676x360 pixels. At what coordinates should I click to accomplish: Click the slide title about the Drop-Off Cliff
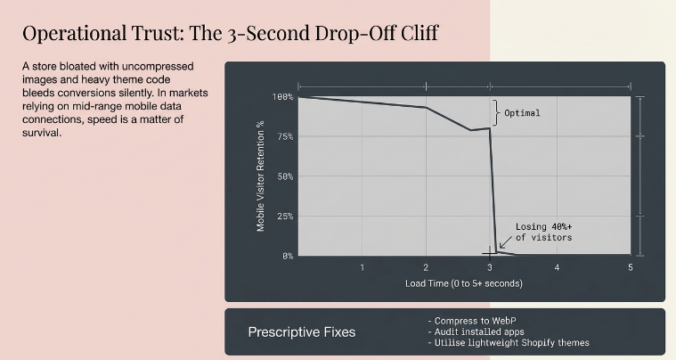point(230,34)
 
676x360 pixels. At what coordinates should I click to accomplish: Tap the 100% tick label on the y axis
point(282,96)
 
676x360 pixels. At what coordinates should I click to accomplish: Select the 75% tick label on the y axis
point(284,136)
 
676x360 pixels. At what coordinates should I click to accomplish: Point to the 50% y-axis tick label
point(284,176)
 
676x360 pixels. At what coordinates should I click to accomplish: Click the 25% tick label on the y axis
point(284,217)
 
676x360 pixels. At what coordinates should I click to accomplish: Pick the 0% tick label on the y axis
point(287,256)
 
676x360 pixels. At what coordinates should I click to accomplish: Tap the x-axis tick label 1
point(362,267)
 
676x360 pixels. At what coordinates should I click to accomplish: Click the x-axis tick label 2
point(426,267)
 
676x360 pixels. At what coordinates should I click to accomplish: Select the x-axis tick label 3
point(490,267)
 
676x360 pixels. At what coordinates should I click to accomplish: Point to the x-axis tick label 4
point(558,267)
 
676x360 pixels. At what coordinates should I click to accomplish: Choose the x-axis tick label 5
point(630,267)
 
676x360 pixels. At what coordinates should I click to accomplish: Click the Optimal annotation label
point(522,113)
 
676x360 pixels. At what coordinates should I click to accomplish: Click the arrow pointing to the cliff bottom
point(505,241)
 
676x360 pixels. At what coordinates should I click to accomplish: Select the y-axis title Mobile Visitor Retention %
point(261,176)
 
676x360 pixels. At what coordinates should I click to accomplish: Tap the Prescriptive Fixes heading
point(301,332)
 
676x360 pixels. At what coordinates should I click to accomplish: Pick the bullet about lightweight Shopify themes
point(508,342)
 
